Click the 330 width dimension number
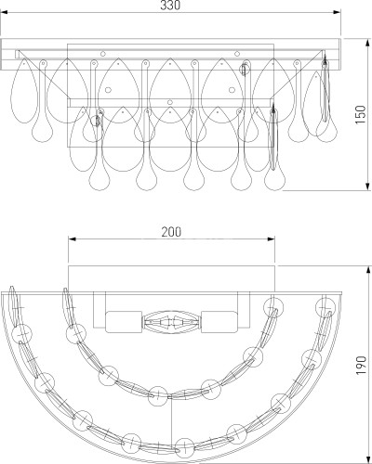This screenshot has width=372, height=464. [170, 6]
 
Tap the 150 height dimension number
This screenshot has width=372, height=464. [361, 115]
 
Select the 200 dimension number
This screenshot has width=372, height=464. [171, 232]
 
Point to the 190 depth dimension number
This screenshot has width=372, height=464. [361, 366]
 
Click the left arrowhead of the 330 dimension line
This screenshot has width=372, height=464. [4, 12]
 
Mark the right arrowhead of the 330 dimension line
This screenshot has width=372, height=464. [338, 12]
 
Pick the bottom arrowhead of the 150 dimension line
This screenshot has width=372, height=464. [367, 187]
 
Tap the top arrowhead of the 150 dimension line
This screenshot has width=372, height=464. [367, 43]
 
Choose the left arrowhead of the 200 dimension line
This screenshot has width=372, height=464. [72, 238]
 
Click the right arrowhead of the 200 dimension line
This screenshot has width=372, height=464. [271, 238]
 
